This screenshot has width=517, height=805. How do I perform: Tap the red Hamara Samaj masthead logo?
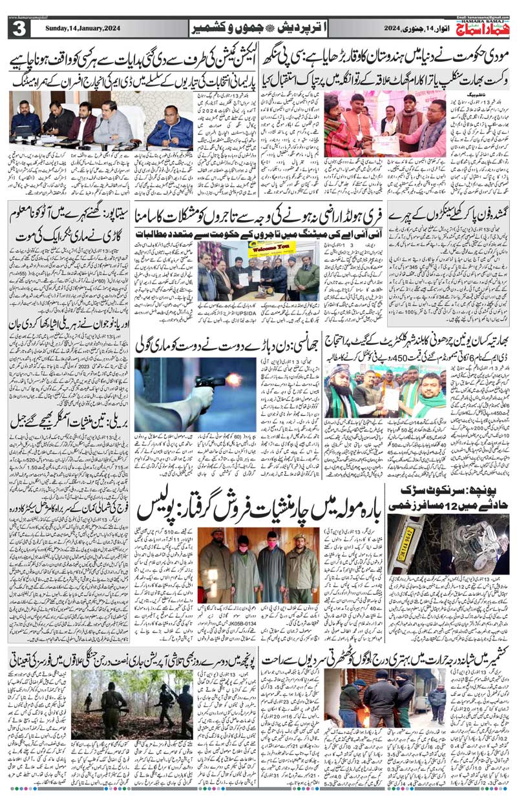(x=478, y=27)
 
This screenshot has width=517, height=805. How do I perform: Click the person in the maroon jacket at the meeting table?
(x=83, y=123)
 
